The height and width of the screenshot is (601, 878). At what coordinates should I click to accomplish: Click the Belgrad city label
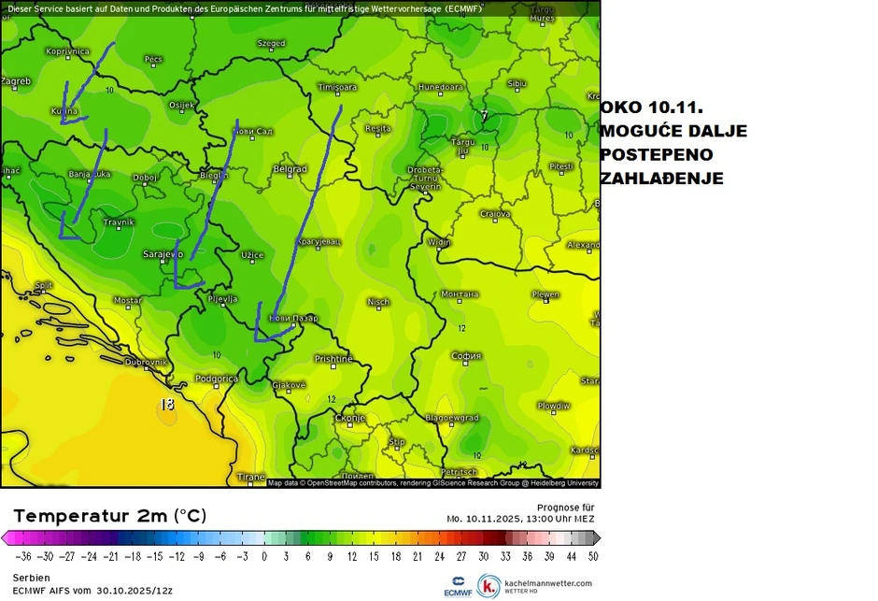pos(290,169)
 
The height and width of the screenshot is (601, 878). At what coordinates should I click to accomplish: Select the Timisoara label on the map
pos(337,87)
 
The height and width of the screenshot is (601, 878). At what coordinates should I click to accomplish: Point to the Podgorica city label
pos(216,379)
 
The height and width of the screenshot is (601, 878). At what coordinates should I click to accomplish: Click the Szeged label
pos(271,43)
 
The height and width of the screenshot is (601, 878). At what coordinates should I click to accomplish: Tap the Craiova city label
pos(495,214)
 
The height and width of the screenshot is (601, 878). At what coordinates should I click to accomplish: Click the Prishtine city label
pos(333,359)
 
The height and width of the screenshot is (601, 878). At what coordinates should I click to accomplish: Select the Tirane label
pos(250,477)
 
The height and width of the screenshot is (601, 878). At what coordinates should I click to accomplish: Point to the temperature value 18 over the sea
pos(167,405)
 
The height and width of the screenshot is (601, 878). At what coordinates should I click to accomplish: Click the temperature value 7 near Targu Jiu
pos(484,115)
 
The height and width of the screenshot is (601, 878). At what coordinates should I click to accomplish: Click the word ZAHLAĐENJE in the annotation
pos(661,179)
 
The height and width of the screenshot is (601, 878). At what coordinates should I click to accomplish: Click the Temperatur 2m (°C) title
pos(109,516)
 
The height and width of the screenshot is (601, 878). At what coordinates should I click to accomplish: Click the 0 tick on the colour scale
pos(263,555)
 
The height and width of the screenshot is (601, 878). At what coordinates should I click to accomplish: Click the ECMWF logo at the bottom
pos(459,585)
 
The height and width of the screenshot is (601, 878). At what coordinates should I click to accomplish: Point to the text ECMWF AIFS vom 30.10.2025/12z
pos(92,591)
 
